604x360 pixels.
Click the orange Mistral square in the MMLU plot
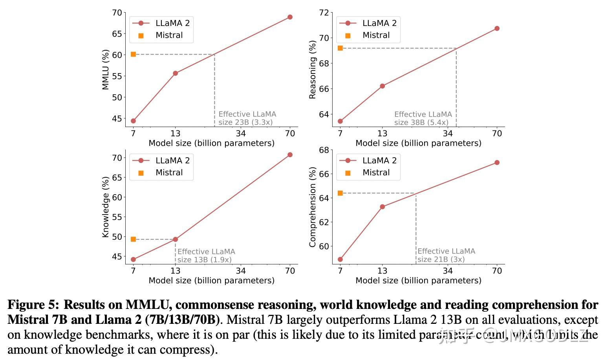point(133,54)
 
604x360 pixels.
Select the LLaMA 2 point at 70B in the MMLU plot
point(290,17)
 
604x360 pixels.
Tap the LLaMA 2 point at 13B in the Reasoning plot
point(382,86)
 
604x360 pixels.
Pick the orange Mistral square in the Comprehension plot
point(340,193)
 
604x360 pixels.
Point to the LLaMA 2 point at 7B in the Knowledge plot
point(133,259)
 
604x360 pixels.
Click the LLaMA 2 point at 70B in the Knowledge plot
point(290,155)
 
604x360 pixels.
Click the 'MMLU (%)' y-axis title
point(105,70)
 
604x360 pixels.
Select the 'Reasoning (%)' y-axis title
point(313,70)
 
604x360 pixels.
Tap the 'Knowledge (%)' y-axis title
point(105,207)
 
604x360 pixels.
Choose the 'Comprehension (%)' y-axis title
point(313,207)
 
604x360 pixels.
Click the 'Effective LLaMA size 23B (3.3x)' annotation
point(247,118)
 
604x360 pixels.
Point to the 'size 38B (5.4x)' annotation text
point(421,122)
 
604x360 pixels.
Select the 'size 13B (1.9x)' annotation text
point(204,260)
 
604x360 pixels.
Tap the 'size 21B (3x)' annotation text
point(441,259)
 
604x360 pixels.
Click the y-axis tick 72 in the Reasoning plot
point(324,13)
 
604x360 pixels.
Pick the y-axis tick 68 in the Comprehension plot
point(324,150)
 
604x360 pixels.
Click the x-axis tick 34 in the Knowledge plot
point(240,270)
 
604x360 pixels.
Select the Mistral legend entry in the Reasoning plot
point(376,35)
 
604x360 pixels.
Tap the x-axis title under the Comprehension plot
point(418,280)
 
